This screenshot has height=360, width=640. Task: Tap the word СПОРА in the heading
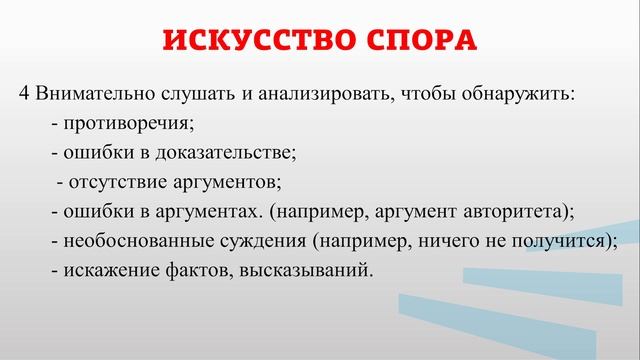coord(416,41)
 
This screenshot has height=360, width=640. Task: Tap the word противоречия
coord(127,124)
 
